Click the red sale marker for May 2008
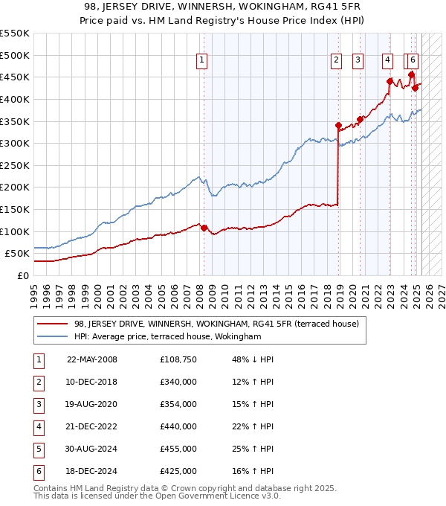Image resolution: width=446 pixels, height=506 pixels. (x=204, y=228)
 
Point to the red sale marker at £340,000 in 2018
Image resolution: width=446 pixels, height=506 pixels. (x=338, y=126)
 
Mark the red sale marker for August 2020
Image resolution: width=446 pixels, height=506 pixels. (x=360, y=119)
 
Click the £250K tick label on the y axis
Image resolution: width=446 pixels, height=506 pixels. (x=15, y=165)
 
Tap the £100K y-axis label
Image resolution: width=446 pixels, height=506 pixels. (x=15, y=231)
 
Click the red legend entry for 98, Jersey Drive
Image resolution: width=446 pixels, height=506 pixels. (x=216, y=324)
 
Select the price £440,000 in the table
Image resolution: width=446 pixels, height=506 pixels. (x=178, y=426)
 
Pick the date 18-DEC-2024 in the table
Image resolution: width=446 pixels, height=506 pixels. (x=92, y=471)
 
